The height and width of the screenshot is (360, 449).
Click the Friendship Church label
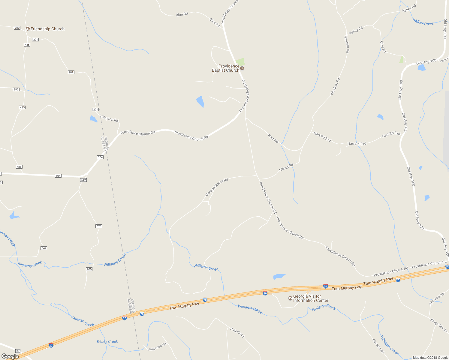(47, 29)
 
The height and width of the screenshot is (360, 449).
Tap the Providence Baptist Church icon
(242, 68)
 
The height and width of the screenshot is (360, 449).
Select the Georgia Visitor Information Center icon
(290, 298)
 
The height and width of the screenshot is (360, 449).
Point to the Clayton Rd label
(110, 119)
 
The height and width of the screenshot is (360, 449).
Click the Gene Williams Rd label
(217, 187)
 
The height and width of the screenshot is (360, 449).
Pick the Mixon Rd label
(286, 167)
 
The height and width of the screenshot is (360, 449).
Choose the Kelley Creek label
(107, 341)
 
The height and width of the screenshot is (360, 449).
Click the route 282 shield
(17, 28)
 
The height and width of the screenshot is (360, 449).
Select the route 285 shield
(16, 89)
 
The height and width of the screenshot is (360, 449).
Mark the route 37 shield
(18, 351)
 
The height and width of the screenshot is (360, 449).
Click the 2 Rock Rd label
(237, 332)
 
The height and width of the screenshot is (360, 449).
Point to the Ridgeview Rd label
(157, 347)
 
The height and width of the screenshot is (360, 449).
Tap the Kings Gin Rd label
(439, 325)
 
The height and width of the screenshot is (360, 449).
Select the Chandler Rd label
(378, 346)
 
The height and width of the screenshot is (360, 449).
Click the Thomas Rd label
(437, 299)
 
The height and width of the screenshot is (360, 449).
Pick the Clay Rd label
(383, 47)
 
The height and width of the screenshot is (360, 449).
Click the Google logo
(10, 356)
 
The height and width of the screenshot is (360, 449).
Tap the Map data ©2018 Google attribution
(430, 358)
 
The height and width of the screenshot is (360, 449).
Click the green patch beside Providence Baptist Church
(240, 62)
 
